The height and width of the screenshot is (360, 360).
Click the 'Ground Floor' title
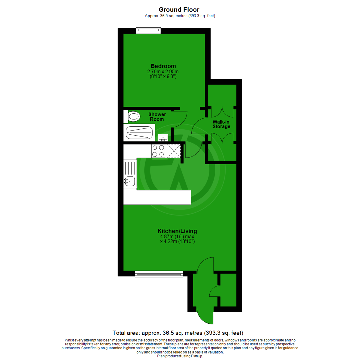[x=179, y=9]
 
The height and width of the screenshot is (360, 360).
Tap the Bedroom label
[x=163, y=66]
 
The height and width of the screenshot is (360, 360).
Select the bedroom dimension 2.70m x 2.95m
[x=163, y=71]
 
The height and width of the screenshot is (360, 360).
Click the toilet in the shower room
[x=133, y=117]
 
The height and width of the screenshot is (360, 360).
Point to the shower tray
[x=140, y=133]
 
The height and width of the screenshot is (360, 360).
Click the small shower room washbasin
[x=163, y=137]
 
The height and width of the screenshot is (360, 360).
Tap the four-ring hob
[x=158, y=151]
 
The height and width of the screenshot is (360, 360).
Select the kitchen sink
[x=130, y=181]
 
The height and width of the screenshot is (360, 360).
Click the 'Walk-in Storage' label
[x=222, y=124]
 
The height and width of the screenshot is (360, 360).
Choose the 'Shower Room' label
[x=157, y=117]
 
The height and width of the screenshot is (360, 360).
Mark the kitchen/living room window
[x=159, y=274]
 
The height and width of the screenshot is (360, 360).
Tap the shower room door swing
[x=180, y=120]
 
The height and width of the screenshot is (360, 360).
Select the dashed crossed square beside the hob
[x=173, y=151]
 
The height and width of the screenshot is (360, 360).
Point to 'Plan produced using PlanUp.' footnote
[x=180, y=356]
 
